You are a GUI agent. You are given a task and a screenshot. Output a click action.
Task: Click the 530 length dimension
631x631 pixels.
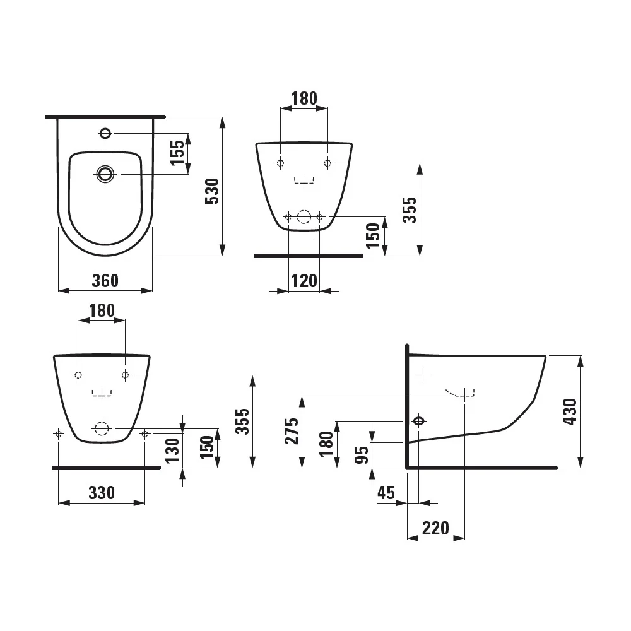tap(212, 191)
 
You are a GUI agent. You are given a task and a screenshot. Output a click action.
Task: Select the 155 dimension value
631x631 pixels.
tap(177, 153)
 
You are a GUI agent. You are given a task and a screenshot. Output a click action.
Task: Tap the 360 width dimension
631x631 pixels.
tap(105, 281)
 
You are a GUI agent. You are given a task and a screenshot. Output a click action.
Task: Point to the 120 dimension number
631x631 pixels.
tap(304, 281)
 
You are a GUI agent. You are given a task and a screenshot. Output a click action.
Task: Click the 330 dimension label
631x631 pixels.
tap(102, 493)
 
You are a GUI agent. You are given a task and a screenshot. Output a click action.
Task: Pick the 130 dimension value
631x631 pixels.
tap(172, 451)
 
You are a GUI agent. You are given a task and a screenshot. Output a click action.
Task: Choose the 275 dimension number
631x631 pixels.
tap(292, 431)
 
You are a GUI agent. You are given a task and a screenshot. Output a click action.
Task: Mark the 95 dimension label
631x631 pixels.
tap(362, 455)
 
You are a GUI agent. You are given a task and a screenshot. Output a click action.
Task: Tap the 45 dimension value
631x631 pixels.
tap(386, 493)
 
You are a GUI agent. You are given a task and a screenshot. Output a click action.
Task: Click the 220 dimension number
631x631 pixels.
tap(435, 528)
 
